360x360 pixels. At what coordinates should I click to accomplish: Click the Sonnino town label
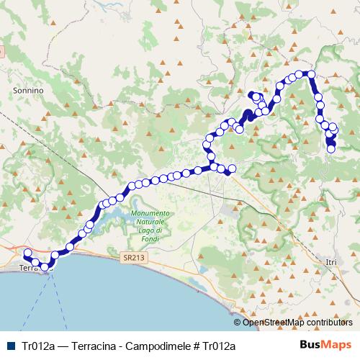point(29,91)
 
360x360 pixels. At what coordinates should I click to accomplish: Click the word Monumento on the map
point(150,214)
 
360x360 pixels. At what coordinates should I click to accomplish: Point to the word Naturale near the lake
point(150,222)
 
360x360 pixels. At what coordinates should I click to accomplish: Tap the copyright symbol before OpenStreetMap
point(238,323)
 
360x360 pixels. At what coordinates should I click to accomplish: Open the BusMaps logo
point(326,345)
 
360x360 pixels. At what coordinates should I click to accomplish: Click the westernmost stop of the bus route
point(27,253)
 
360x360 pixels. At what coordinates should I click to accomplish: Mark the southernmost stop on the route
point(45,267)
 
